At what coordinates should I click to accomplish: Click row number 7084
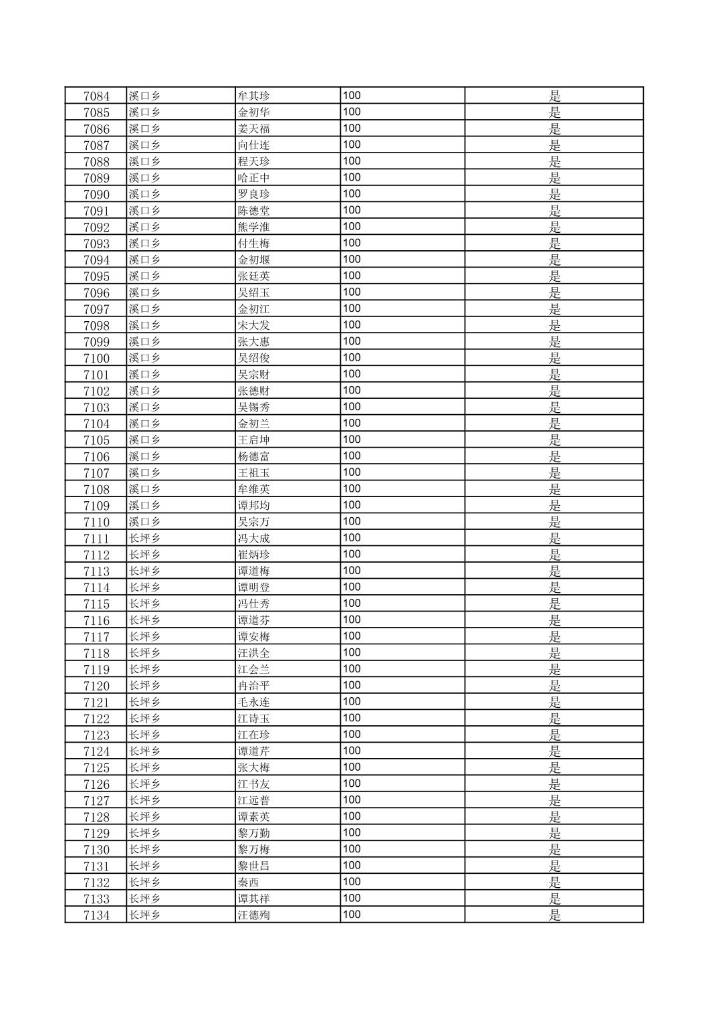pyautogui.click(x=96, y=96)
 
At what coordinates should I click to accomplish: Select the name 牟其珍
pyautogui.click(x=254, y=96)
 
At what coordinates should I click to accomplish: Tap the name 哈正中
pyautogui.click(x=254, y=178)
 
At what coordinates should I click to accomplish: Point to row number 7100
pyautogui.click(x=96, y=358)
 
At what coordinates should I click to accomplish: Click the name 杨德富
pyautogui.click(x=254, y=456)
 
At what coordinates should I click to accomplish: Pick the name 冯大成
pyautogui.click(x=254, y=538)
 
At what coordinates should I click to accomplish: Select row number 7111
pyautogui.click(x=96, y=538)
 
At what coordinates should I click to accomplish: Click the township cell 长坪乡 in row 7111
pyautogui.click(x=145, y=538)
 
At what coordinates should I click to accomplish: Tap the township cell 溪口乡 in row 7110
pyautogui.click(x=145, y=522)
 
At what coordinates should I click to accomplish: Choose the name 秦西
pyautogui.click(x=249, y=882)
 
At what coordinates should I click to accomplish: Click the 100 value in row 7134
pyautogui.click(x=352, y=914)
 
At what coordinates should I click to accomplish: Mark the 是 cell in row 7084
pyautogui.click(x=554, y=96)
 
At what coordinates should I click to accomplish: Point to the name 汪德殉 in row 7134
pyautogui.click(x=254, y=915)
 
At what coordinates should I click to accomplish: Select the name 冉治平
pyautogui.click(x=254, y=686)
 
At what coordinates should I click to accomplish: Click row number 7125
pyautogui.click(x=96, y=767)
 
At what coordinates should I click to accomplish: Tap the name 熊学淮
pyautogui.click(x=254, y=227)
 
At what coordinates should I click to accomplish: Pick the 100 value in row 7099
pyautogui.click(x=352, y=341)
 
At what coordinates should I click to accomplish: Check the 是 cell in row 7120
pyautogui.click(x=554, y=686)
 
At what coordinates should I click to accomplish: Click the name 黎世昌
pyautogui.click(x=254, y=866)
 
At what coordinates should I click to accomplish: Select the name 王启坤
pyautogui.click(x=254, y=440)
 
